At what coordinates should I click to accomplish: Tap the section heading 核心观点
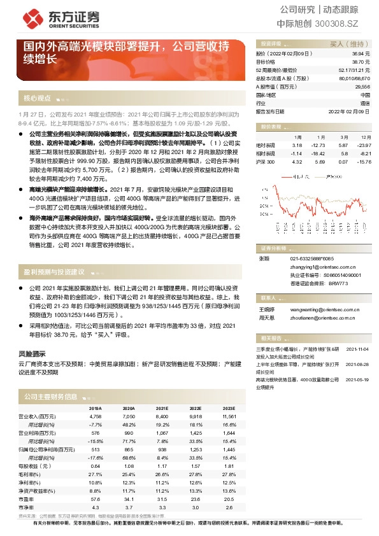[x=37, y=99]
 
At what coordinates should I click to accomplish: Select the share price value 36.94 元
[x=361, y=55]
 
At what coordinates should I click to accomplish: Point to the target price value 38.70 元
[x=361, y=62]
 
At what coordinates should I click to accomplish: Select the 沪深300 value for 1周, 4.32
[x=297, y=162]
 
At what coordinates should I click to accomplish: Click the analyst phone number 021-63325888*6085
[x=311, y=258]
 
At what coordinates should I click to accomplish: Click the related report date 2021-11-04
[x=357, y=349]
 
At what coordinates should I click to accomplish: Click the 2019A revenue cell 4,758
[x=96, y=415]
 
